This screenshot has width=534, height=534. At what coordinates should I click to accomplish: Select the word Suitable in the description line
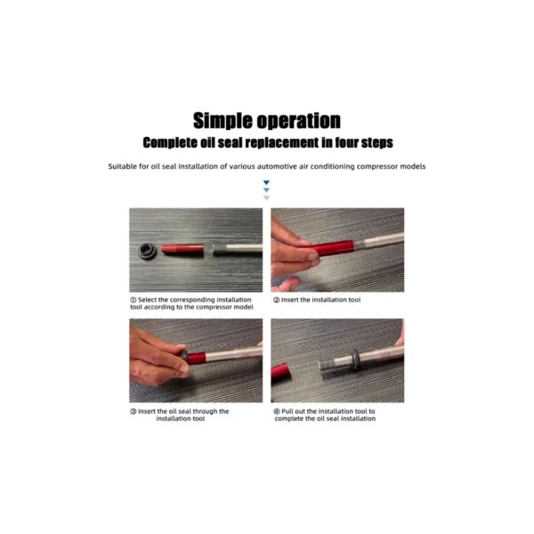(122, 166)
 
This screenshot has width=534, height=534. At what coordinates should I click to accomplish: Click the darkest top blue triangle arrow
(266, 182)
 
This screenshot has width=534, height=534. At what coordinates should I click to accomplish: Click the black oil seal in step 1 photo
(148, 251)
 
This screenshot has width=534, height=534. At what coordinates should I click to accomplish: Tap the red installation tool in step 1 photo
(182, 248)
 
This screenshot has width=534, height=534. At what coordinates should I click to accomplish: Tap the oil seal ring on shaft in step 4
(355, 360)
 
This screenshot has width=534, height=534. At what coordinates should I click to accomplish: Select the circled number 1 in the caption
(133, 300)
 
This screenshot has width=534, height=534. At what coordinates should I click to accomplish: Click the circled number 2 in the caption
(276, 300)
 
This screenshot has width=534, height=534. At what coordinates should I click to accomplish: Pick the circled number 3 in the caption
(133, 411)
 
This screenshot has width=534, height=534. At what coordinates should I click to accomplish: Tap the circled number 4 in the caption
(277, 411)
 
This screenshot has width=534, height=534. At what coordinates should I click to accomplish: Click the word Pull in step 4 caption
(287, 411)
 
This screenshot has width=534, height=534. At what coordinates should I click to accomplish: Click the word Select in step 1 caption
(147, 300)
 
